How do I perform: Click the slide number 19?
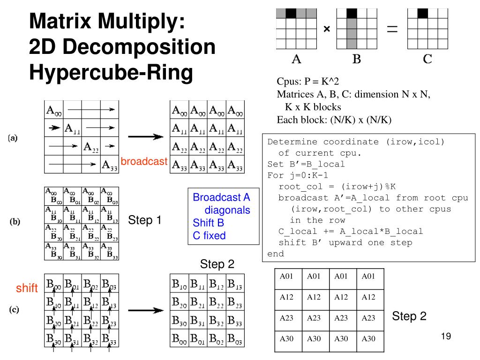pos(446,336)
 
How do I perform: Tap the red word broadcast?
pos(144,161)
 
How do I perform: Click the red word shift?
pos(27,288)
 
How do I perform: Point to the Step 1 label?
pos(145,220)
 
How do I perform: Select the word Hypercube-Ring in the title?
pos(111,73)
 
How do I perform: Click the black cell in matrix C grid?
pos(423,13)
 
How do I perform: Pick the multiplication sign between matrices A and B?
pos(327,30)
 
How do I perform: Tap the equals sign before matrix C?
pos(391,30)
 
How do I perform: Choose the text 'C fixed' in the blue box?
pos(209,235)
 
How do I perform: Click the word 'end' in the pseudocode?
pos(276,254)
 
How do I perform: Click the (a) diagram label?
pos(13,138)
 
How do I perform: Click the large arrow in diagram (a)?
pos(146,137)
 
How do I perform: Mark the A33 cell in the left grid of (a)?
pos(110,165)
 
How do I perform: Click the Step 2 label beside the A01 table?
pos(409,316)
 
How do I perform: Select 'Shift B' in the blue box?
pos(208,223)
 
